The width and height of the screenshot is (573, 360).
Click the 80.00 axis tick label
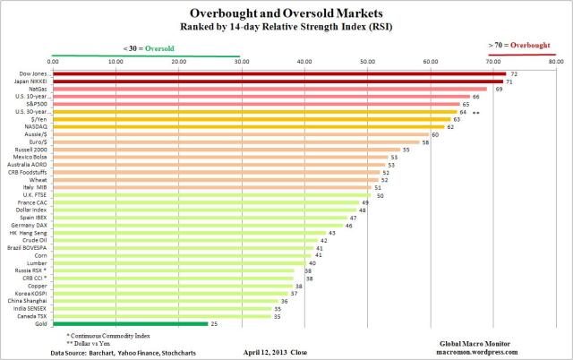555,61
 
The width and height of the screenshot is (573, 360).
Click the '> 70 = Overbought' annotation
520,43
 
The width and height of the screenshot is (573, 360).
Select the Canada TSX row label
33,316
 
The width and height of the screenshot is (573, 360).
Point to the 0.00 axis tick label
53,61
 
